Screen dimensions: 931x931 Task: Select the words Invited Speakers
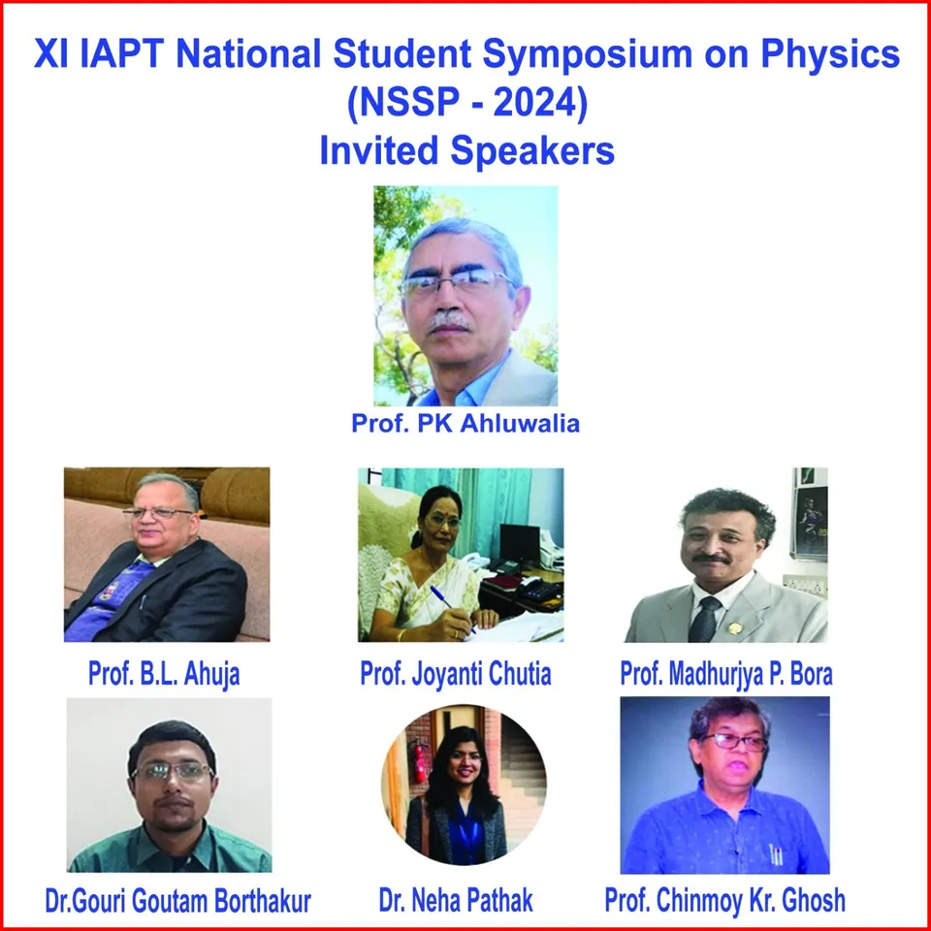coord(466,151)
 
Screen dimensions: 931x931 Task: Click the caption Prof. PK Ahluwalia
coord(465,424)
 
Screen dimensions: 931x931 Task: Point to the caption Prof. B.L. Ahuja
coord(164,675)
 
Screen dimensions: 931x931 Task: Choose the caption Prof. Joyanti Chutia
coord(456,675)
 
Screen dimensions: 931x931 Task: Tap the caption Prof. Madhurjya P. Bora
coord(725,675)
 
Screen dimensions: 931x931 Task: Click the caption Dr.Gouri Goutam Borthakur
coord(178,901)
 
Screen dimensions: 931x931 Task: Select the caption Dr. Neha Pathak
coord(456,901)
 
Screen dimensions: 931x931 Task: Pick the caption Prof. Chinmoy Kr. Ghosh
coord(724,901)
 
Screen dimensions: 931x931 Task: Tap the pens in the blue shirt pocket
coord(775,854)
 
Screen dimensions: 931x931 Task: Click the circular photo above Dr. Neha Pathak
coord(463,787)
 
